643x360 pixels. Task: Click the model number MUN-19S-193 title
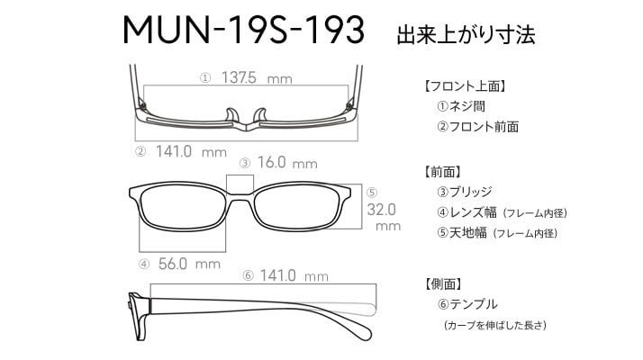point(243,30)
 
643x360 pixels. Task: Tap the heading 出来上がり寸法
point(466,35)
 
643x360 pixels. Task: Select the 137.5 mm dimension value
point(257,77)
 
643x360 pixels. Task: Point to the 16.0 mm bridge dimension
point(287,163)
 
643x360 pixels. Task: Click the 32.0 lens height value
point(381,210)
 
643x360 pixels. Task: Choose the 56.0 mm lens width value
point(189,264)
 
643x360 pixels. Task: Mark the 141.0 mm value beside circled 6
point(294,275)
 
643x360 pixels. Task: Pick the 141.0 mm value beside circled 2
point(191,152)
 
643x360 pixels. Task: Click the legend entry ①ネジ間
point(461,106)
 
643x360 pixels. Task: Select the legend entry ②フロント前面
point(477,127)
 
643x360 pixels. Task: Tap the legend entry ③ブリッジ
point(465,192)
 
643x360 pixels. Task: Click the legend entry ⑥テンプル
point(467,304)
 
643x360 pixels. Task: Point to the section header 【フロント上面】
point(464,86)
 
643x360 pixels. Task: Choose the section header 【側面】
point(443,283)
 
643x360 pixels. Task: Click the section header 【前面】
point(443,172)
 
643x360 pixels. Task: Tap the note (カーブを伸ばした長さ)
point(495,325)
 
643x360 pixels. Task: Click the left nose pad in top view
point(232,115)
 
